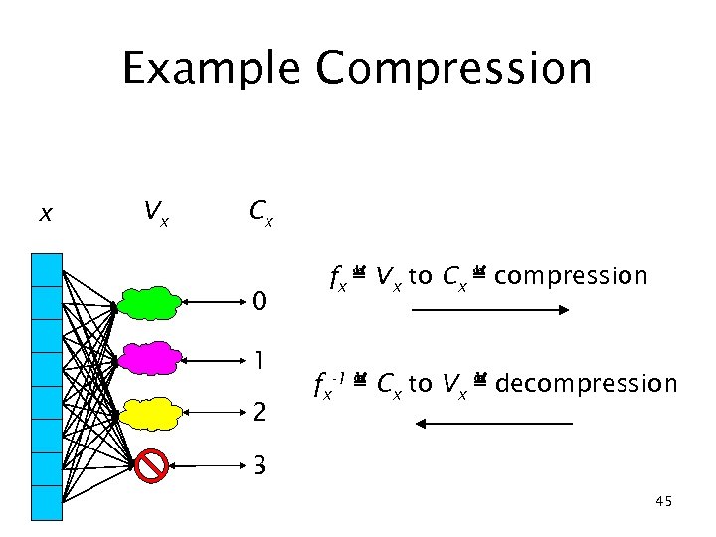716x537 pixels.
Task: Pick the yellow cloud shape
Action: (149, 411)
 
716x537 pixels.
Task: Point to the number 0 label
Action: (259, 300)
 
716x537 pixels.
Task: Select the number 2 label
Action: (259, 411)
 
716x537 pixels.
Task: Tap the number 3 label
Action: (259, 464)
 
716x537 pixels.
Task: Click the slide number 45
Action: (664, 502)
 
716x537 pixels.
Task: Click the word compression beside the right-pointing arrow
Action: (570, 275)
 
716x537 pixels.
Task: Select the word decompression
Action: (586, 383)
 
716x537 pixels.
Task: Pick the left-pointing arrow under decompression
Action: (494, 424)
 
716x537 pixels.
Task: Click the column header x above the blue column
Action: (45, 213)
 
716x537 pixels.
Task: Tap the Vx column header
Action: (154, 211)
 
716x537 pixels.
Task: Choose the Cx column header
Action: (261, 211)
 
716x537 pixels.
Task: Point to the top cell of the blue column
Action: (46, 269)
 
